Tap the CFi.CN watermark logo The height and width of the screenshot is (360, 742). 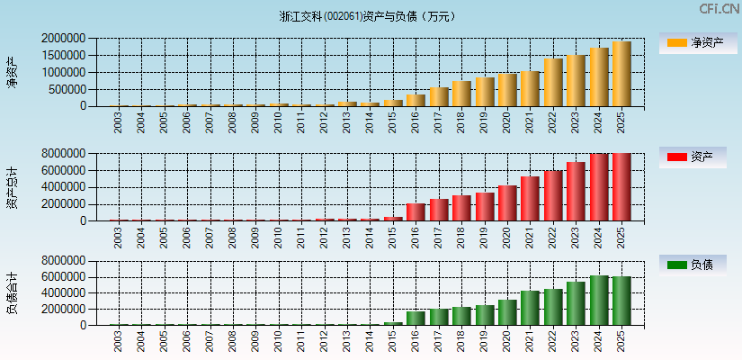pyautogui.click(x=720, y=9)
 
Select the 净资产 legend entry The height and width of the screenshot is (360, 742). pyautogui.click(x=698, y=42)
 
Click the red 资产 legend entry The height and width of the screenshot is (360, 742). pyautogui.click(x=698, y=157)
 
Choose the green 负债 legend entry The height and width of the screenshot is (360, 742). pyautogui.click(x=698, y=265)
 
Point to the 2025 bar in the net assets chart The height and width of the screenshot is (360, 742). pyautogui.click(x=621, y=74)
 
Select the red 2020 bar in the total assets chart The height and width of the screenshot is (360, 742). pyautogui.click(x=507, y=203)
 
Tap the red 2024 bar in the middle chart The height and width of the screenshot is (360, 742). pyautogui.click(x=599, y=187)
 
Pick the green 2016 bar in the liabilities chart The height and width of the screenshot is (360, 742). pyautogui.click(x=416, y=318)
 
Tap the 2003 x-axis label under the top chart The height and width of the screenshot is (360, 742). pyautogui.click(x=119, y=122)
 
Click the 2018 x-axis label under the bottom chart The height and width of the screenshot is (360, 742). pyautogui.click(x=461, y=341)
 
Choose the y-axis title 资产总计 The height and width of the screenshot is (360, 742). pyautogui.click(x=13, y=186)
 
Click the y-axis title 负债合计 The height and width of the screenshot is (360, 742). pyautogui.click(x=13, y=292)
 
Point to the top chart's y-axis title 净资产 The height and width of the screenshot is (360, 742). pyautogui.click(x=13, y=72)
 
